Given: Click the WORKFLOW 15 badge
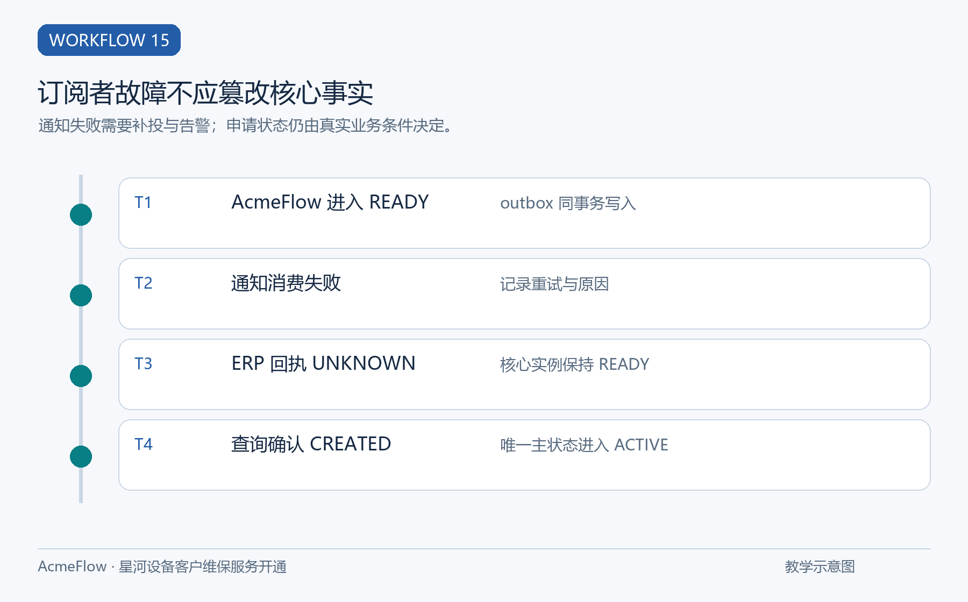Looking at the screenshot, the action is coord(109,40).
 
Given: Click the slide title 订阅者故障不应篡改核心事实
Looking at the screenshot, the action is coord(205,93).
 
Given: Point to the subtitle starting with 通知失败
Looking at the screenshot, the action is coord(246,125).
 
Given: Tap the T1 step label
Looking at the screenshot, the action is coord(143,203).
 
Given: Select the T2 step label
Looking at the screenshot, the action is coord(144,283).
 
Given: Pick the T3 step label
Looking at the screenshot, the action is coord(144,364).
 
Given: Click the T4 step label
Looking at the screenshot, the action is coord(144,445).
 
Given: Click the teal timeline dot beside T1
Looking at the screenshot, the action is coord(81,215).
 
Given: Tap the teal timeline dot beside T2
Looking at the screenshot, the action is coord(81,296).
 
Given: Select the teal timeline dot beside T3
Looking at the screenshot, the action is coord(81,376).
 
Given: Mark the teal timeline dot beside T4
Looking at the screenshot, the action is coord(81,457).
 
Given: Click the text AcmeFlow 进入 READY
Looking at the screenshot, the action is coord(330,202).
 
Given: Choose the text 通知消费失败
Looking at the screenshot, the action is coord(286,283).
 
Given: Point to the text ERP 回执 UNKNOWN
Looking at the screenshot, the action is coord(323,363).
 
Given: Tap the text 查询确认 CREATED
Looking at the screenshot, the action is coord(311,444).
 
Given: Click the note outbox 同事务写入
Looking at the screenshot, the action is coord(568,203).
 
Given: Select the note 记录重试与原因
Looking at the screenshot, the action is coord(554,284).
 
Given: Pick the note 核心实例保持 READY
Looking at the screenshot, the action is coord(575,364).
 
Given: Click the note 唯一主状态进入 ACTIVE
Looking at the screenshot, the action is coord(584,445).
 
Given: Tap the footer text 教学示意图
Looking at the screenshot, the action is coord(820,567).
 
